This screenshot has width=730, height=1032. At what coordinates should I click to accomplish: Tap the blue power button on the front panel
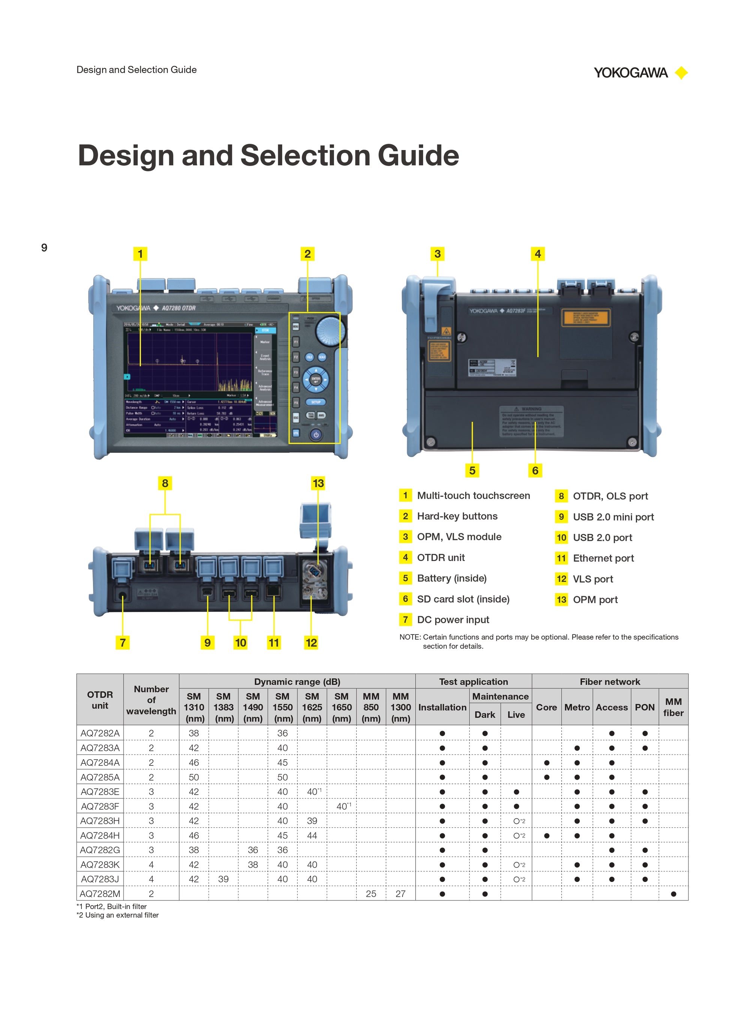click(x=316, y=435)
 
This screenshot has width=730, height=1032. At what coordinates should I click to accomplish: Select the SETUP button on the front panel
click(x=316, y=402)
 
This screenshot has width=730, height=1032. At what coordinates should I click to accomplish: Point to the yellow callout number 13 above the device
click(x=318, y=483)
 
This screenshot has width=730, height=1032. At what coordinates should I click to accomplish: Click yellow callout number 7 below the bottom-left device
click(x=122, y=642)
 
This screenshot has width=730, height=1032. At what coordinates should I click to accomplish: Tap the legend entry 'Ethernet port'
click(x=603, y=558)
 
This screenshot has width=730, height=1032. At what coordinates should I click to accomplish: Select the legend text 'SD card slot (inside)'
click(x=463, y=599)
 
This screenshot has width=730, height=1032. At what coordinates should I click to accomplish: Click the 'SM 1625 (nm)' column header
click(x=312, y=707)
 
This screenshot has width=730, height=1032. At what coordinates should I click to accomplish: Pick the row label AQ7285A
click(x=100, y=777)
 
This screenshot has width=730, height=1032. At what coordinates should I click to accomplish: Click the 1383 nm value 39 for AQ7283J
click(x=224, y=879)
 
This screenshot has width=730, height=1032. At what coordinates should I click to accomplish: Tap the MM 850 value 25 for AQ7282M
click(x=371, y=894)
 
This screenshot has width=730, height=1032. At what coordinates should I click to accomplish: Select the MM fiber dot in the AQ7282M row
click(x=673, y=894)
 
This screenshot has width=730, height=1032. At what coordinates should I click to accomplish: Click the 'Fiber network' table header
click(x=610, y=681)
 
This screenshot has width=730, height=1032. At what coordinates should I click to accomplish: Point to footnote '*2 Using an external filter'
click(x=117, y=915)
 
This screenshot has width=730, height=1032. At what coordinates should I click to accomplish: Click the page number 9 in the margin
click(x=44, y=247)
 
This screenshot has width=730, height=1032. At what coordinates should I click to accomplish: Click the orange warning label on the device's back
click(x=585, y=318)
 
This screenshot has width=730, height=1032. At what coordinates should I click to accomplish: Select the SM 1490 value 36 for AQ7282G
click(x=253, y=850)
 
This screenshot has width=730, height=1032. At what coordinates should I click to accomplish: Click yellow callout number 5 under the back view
click(x=472, y=471)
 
